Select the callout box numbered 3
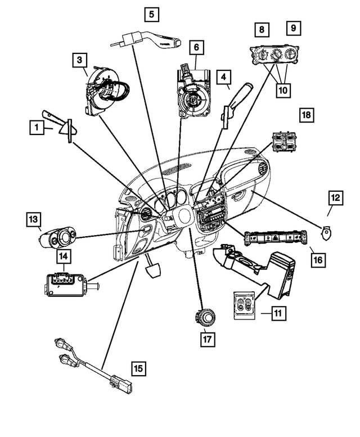(x=79, y=59)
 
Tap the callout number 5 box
(x=151, y=13)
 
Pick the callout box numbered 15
(x=138, y=368)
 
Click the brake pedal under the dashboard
(x=154, y=268)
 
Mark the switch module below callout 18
(x=285, y=143)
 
